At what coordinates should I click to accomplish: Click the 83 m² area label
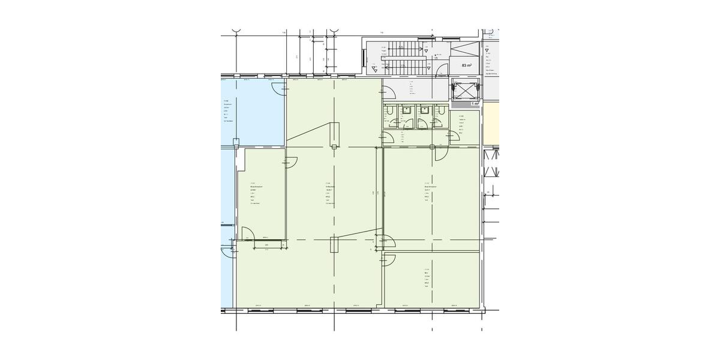pyautogui.click(x=466, y=65)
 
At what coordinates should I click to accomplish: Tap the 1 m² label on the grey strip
pyautogui.click(x=475, y=104)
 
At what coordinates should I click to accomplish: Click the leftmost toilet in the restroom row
pyautogui.click(x=390, y=111)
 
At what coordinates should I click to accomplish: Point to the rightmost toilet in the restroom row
pyautogui.click(x=440, y=111)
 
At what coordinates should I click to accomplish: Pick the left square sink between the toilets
pyautogui.click(x=407, y=110)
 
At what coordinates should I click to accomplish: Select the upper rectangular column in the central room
pyautogui.click(x=334, y=133)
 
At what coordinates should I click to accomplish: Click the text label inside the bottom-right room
pyautogui.click(x=427, y=278)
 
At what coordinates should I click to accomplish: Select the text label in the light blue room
pyautogui.click(x=227, y=111)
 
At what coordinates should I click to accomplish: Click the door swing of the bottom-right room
pyautogui.click(x=389, y=259)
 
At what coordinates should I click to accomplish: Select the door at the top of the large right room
pyautogui.click(x=439, y=153)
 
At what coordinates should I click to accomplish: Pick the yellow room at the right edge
pyautogui.click(x=491, y=124)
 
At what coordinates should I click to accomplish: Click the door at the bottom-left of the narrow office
pyautogui.click(x=247, y=233)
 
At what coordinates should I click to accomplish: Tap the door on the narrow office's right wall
pyautogui.click(x=292, y=161)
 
